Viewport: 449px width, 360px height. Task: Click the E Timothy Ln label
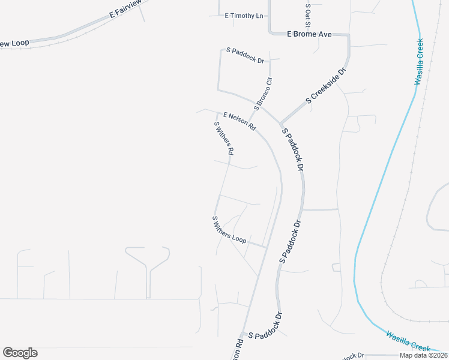click(244, 16)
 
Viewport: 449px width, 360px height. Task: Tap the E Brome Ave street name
click(309, 35)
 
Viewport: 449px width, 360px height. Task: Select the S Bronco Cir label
click(264, 94)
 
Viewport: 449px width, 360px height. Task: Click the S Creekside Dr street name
click(326, 86)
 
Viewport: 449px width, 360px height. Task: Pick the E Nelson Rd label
click(240, 122)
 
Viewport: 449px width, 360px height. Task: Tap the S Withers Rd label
click(224, 137)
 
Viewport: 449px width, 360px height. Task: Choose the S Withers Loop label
click(229, 230)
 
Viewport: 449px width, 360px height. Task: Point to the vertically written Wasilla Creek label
click(419, 62)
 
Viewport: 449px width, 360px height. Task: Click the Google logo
click(20, 353)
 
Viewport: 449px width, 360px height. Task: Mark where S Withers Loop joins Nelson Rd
click(266, 247)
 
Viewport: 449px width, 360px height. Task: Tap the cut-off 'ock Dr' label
click(354, 356)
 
